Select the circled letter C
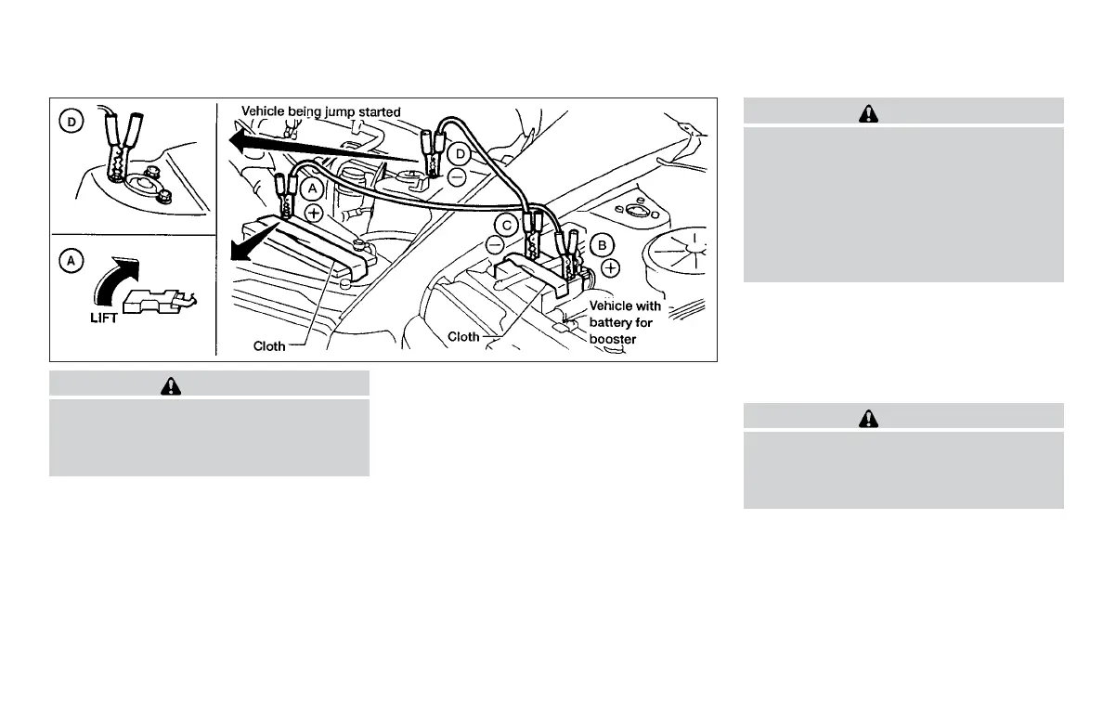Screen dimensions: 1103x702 506,223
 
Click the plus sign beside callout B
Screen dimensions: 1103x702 609,268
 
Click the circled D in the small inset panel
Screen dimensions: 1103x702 71,121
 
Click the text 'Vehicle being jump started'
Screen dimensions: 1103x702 321,111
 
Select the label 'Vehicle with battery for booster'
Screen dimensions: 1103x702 625,322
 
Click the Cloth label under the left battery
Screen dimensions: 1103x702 270,346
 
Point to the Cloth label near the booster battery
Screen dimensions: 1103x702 463,336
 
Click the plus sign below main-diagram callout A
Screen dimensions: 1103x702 314,213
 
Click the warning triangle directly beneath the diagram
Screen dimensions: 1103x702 209,384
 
